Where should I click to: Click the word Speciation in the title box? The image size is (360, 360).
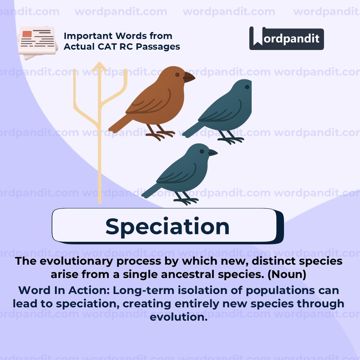tap(167, 226)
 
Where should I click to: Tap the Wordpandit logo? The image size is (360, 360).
tap(286, 38)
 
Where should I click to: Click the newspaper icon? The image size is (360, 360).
tap(37, 43)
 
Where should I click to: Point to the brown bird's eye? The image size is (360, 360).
tap(177, 75)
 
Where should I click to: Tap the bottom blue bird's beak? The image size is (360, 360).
tap(212, 153)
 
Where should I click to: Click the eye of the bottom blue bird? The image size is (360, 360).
tap(202, 151)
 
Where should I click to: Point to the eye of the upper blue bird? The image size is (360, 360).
tap(247, 87)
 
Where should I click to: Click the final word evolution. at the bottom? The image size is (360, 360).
tap(179, 317)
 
